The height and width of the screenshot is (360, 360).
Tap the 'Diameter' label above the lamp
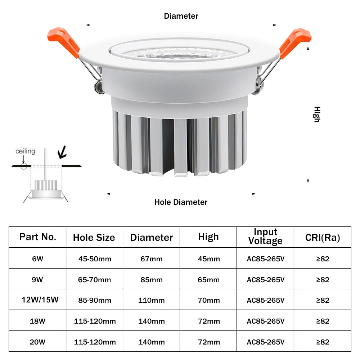(x=181, y=16)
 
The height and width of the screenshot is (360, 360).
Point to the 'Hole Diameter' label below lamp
(x=181, y=202)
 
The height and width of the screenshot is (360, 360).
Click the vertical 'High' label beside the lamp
(x=316, y=114)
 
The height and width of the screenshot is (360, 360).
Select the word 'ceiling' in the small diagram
(x=25, y=151)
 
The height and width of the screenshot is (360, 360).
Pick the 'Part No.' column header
(x=38, y=237)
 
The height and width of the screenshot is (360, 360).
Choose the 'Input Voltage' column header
(x=265, y=237)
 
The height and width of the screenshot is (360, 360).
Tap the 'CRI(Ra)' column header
(x=323, y=237)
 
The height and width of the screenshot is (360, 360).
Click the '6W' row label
(x=38, y=258)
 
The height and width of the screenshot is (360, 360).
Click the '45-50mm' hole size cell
(x=95, y=258)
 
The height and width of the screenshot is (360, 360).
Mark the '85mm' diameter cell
(x=152, y=279)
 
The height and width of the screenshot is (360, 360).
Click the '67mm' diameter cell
(x=152, y=258)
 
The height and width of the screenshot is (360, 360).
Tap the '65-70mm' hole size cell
(x=95, y=279)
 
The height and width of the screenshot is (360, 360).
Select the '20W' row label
(x=38, y=342)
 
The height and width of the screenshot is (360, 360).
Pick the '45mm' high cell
(x=208, y=258)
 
